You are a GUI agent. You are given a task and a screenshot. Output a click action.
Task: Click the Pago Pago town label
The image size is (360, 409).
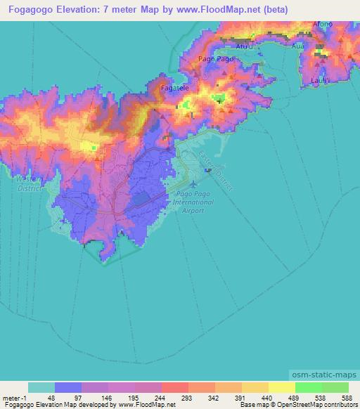tap(216, 59)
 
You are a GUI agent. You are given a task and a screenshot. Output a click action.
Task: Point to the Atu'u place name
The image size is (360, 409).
tap(243, 46)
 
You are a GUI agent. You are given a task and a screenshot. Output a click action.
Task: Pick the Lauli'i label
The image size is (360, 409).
tap(321, 80)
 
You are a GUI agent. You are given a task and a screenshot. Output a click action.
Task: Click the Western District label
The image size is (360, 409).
tap(27, 183)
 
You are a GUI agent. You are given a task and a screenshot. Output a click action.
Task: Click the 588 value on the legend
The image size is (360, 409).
tap(348, 397)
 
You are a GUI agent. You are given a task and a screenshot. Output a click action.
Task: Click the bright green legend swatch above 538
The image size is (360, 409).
tap(308, 387)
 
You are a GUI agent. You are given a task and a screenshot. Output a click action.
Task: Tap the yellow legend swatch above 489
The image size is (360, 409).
tap(281, 387)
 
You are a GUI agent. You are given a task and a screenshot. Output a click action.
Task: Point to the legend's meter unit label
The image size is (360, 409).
tap(11, 397)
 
